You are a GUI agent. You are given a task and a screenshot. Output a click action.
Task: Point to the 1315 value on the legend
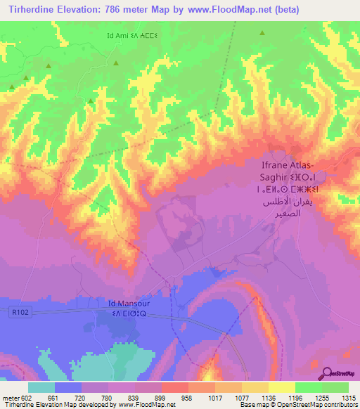coord(347,397)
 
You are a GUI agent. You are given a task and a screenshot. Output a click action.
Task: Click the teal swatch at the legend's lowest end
coord(41,387)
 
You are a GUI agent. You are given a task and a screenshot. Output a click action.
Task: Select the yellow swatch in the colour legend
coord(282,387)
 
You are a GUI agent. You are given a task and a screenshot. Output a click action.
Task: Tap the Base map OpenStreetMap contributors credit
coord(300,405)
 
